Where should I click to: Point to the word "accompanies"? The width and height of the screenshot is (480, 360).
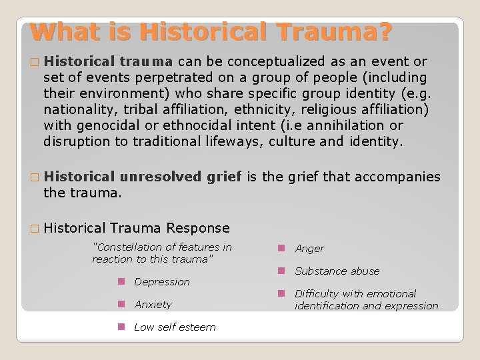(403, 177)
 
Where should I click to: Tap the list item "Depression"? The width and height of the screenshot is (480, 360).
(162, 282)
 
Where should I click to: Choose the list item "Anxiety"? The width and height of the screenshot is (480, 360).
(153, 305)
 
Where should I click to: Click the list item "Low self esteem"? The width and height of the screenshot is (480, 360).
(175, 327)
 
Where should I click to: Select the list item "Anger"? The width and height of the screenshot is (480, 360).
(309, 249)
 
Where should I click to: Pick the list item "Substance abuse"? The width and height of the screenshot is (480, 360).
(337, 271)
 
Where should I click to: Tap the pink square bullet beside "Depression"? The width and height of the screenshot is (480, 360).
(122, 281)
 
